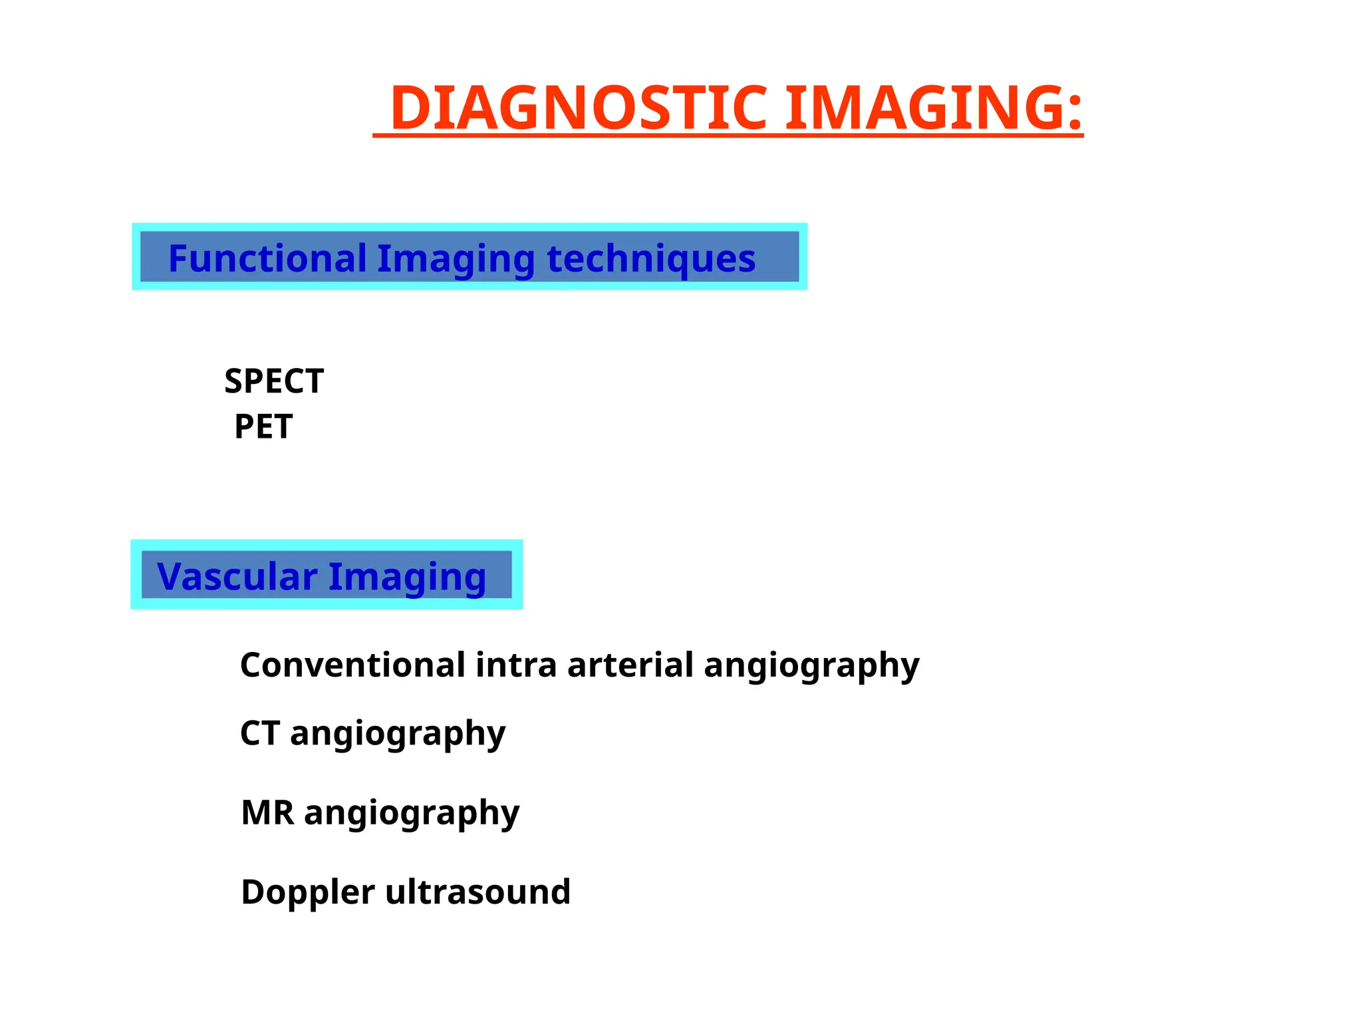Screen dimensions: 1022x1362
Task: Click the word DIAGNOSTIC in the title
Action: pos(579,108)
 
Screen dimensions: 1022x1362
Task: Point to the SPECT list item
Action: pos(274,381)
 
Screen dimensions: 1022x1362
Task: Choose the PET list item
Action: pos(263,426)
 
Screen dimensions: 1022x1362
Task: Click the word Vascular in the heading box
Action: pos(237,576)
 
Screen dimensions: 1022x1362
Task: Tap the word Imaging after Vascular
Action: pos(407,578)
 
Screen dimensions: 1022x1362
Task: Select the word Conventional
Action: pos(352,665)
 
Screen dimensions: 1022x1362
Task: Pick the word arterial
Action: pos(630,665)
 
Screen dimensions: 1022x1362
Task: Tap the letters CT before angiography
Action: pos(259,733)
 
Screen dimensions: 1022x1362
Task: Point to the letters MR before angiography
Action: pos(267,812)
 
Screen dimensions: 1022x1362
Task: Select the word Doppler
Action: pos(308,892)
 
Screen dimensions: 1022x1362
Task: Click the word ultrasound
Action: pos(477,892)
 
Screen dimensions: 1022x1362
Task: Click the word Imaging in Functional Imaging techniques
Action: pos(456,259)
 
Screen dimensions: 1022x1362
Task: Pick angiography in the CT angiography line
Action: pos(398,734)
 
